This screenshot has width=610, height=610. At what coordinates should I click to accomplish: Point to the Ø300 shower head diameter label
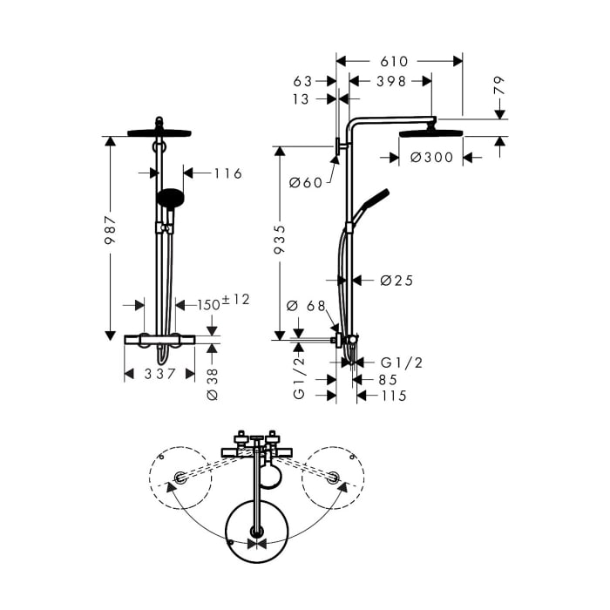(x=432, y=158)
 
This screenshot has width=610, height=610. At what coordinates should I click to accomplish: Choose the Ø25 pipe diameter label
(x=396, y=281)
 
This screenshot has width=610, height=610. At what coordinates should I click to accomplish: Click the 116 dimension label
(x=227, y=173)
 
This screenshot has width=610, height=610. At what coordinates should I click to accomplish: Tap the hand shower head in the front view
(x=170, y=197)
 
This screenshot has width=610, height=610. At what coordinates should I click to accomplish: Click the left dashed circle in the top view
(x=179, y=478)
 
